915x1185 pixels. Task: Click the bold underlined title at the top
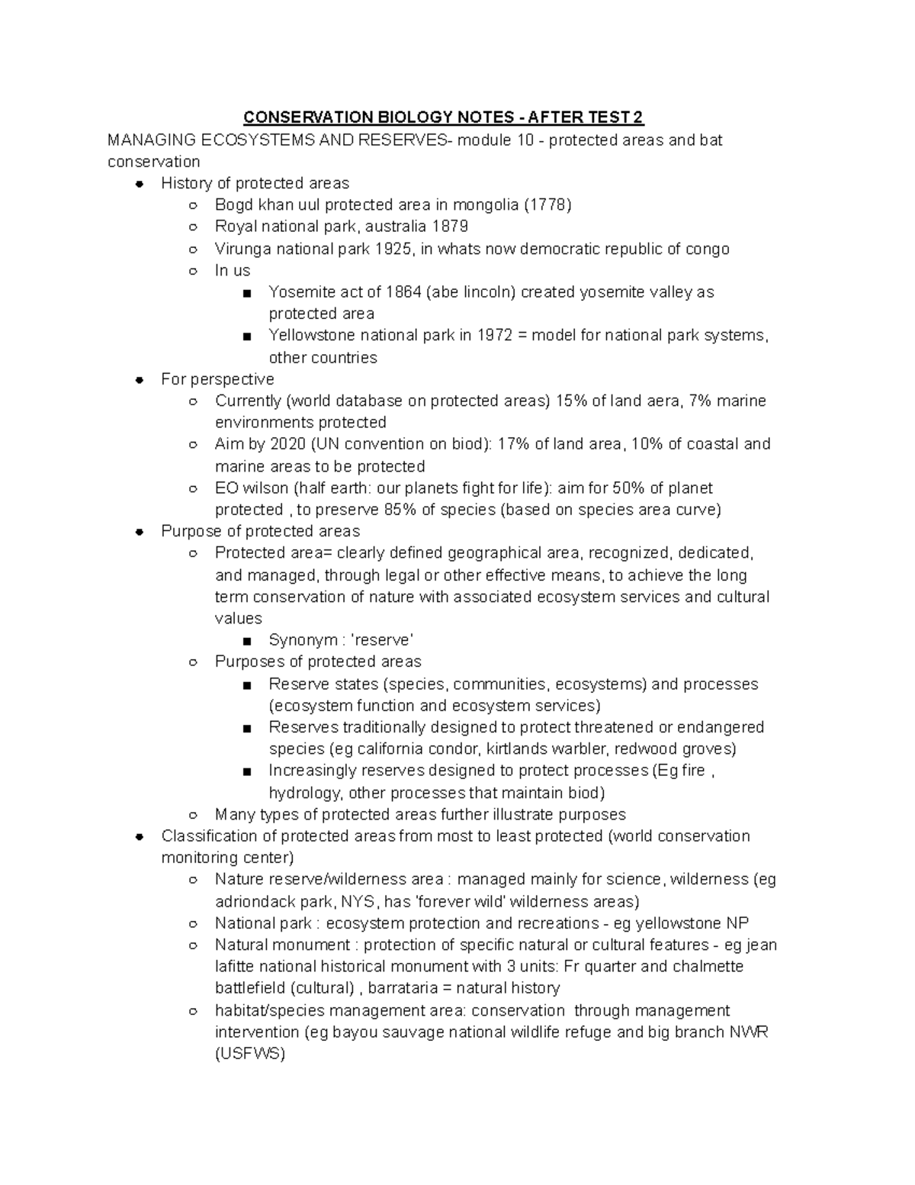coord(443,118)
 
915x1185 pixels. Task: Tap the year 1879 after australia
coord(450,227)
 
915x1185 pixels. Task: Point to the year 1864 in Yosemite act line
coord(403,292)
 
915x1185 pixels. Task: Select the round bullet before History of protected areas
coord(139,184)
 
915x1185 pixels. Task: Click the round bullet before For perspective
coord(139,380)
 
